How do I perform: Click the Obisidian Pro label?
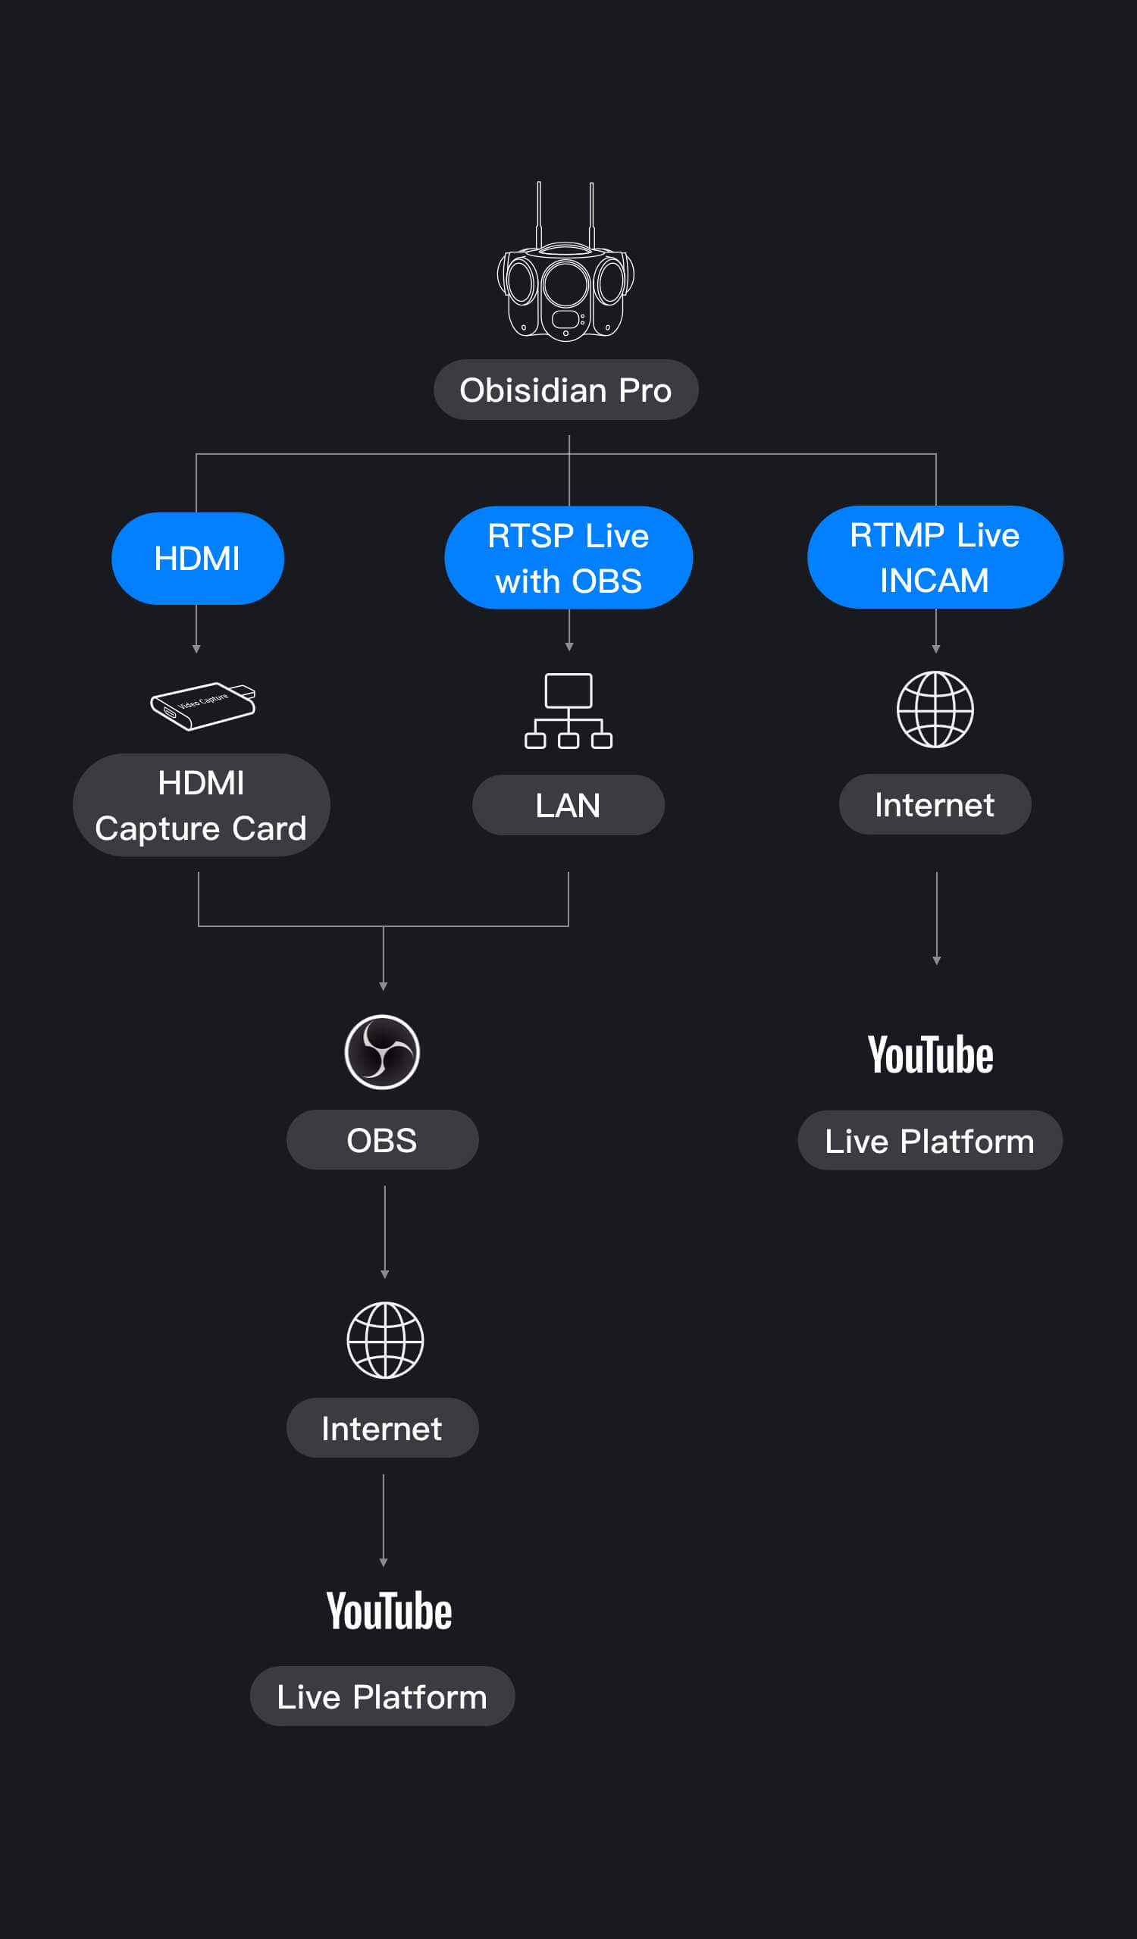tap(565, 390)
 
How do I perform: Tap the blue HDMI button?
tap(198, 559)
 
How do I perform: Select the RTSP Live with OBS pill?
tap(568, 558)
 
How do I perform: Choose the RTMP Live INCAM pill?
tap(935, 557)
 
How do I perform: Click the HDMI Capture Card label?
tap(202, 805)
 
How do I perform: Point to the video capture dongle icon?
tap(202, 706)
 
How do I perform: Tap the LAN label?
tap(568, 805)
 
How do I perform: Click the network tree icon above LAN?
tap(568, 711)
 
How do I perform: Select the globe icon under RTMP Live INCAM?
tap(935, 710)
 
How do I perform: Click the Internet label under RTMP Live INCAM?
tap(935, 805)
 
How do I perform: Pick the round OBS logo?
tap(382, 1052)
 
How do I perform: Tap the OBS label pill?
tap(382, 1139)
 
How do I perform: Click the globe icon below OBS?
tap(384, 1339)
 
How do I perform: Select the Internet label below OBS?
tap(382, 1428)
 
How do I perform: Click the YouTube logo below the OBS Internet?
tap(390, 1612)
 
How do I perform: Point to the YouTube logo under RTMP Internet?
tap(931, 1055)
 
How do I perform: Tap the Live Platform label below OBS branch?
tap(382, 1696)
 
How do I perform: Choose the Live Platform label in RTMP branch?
tap(930, 1140)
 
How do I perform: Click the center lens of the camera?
tap(565, 285)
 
